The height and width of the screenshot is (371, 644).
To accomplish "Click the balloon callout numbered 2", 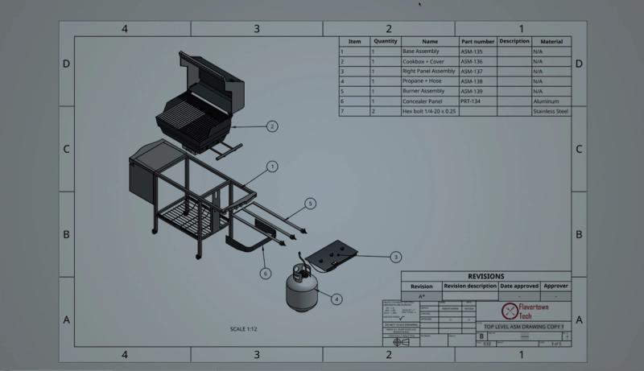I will (x=272, y=126).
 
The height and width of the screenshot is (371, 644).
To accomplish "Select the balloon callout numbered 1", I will (x=272, y=167).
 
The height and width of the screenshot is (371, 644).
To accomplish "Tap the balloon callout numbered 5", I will (x=311, y=204).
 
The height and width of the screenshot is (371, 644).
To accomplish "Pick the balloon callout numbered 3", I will (x=395, y=258).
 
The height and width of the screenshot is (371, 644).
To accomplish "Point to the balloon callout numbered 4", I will (x=336, y=299).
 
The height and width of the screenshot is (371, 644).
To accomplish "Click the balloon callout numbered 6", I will (x=265, y=274).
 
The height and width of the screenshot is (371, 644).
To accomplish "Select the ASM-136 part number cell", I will (x=477, y=61).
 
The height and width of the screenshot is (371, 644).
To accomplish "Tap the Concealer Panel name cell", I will (x=429, y=101).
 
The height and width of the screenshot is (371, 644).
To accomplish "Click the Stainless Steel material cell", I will (x=551, y=111).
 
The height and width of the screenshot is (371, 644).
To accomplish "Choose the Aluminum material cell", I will (x=551, y=101).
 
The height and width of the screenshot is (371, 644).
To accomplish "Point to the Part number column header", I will (x=477, y=41).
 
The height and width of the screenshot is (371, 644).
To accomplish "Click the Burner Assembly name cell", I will (x=429, y=91).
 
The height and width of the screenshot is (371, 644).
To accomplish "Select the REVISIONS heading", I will (x=485, y=276).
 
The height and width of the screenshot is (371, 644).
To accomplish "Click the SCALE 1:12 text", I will (x=244, y=329).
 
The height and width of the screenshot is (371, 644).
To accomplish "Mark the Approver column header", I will (x=555, y=286).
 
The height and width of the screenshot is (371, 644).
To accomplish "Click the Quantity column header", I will (x=386, y=41).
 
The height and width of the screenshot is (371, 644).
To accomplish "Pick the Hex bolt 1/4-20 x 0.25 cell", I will (x=429, y=111).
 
